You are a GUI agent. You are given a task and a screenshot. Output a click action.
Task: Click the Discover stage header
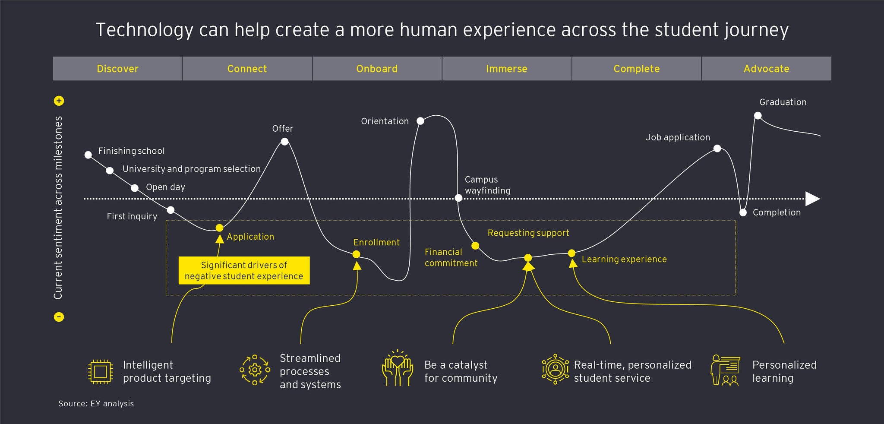click(x=117, y=69)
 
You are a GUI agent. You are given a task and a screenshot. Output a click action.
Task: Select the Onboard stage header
click(x=377, y=69)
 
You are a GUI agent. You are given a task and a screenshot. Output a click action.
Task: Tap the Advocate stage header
click(x=766, y=69)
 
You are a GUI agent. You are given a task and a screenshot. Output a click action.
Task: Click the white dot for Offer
click(x=284, y=142)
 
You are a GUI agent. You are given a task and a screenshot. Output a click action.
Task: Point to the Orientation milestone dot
click(x=420, y=121)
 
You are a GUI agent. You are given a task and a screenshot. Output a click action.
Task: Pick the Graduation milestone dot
click(x=758, y=115)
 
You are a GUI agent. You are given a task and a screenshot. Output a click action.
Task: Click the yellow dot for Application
click(x=219, y=228)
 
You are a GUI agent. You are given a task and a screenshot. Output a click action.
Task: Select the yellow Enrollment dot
click(x=356, y=254)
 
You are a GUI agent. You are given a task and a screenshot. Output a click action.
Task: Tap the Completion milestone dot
click(x=743, y=212)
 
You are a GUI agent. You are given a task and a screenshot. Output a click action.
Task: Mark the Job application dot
click(x=717, y=149)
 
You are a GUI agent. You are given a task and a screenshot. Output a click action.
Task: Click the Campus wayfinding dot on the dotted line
click(x=458, y=198)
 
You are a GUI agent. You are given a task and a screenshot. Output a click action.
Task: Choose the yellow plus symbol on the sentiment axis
click(x=59, y=101)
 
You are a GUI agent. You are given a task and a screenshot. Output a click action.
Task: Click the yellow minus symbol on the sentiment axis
click(x=59, y=317)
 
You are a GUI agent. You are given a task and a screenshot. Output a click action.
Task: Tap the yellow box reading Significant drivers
click(x=244, y=271)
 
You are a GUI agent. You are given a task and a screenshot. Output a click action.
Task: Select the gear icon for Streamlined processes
click(x=255, y=370)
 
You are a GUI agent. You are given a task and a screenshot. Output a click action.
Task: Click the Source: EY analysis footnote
click(x=96, y=404)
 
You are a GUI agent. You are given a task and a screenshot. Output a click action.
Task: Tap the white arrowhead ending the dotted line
click(x=812, y=199)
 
